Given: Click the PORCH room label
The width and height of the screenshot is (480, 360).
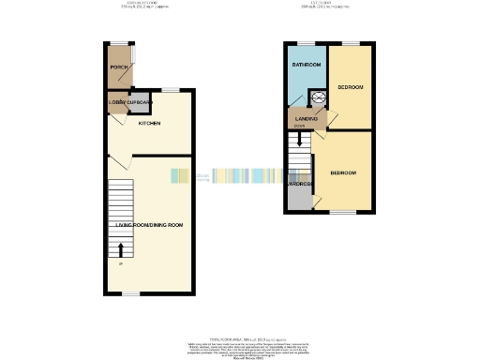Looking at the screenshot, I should click(x=118, y=67).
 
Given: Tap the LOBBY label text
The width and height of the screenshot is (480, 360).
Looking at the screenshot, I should click(x=116, y=101).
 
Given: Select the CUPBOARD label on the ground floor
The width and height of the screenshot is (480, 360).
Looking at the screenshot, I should click(x=141, y=101).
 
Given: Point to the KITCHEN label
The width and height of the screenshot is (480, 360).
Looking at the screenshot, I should click(x=149, y=124).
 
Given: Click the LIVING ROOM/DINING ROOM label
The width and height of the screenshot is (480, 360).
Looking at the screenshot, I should click(x=149, y=225).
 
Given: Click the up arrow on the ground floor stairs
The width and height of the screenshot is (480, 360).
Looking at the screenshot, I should click(x=121, y=249).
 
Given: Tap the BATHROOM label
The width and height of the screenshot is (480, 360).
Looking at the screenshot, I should click(x=306, y=65).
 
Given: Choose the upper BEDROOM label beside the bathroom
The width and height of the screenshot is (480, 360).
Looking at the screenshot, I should click(x=352, y=85).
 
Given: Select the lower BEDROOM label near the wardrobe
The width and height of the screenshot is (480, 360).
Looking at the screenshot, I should click(x=342, y=172).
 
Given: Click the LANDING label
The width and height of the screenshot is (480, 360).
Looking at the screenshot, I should click(x=306, y=119).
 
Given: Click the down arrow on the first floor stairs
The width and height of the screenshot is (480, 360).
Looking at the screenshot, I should click(x=299, y=140).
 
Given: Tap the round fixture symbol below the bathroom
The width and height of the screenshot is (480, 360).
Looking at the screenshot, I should click(x=317, y=95).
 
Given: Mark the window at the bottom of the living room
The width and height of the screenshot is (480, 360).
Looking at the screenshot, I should click(x=131, y=293).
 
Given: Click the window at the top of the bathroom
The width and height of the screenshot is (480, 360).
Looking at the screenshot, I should click(x=306, y=43).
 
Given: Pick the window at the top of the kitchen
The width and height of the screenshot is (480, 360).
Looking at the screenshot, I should click(x=170, y=90).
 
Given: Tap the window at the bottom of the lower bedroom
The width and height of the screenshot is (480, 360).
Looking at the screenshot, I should click(x=343, y=212).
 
